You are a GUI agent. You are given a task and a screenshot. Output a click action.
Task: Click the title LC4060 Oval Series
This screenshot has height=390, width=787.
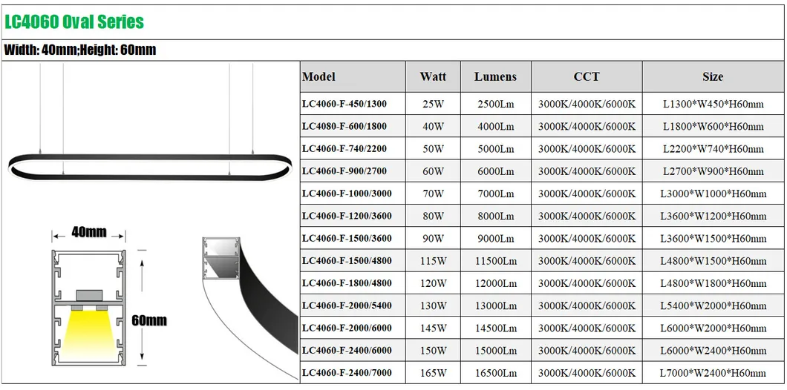click(74, 22)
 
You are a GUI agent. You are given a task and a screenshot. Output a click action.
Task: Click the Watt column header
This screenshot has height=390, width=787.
click(433, 76)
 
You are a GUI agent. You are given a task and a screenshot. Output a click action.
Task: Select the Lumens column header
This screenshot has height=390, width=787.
click(495, 76)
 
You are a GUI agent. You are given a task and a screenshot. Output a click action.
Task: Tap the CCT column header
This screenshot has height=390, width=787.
click(587, 76)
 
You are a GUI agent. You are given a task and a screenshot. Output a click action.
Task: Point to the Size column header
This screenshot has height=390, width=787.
click(713, 76)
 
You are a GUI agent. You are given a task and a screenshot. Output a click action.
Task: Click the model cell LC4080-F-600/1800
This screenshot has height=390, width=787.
click(344, 126)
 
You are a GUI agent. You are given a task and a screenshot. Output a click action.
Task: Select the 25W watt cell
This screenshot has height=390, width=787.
click(433, 104)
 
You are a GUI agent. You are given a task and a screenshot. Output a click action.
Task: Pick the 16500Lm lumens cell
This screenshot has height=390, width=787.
click(495, 373)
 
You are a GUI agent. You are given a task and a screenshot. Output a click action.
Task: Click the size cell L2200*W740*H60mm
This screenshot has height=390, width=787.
click(713, 148)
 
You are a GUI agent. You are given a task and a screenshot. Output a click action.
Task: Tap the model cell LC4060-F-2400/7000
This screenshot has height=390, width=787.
click(347, 373)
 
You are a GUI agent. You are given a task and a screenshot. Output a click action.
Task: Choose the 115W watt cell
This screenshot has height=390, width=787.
click(433, 261)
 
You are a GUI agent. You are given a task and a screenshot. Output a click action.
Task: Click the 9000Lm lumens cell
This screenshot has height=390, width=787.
click(495, 239)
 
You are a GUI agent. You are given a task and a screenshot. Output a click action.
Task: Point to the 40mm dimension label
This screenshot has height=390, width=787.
click(88, 232)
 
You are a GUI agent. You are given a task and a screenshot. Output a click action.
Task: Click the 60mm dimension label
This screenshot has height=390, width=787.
click(148, 321)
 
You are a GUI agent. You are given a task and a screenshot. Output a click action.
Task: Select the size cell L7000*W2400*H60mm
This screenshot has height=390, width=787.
click(713, 373)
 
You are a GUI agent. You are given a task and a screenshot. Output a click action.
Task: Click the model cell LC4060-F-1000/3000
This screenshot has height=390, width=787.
click(347, 194)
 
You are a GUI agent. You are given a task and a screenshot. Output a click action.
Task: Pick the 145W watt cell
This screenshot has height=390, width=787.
click(433, 328)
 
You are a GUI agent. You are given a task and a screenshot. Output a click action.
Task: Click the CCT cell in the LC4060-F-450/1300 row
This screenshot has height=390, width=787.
click(587, 104)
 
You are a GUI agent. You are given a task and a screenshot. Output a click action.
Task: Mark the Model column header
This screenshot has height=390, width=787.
click(319, 76)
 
